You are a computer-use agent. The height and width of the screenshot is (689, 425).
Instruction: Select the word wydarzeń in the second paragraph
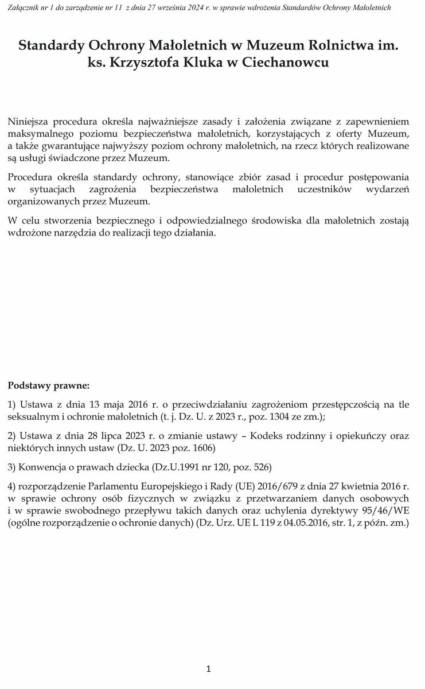point(390,189)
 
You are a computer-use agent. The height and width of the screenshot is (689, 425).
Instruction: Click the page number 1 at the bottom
point(209,669)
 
